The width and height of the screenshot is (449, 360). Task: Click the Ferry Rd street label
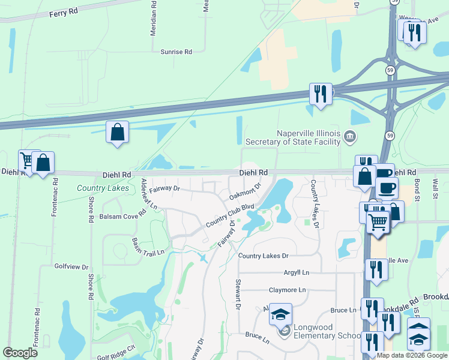point(64,11)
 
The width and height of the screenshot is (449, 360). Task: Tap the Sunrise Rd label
point(176,52)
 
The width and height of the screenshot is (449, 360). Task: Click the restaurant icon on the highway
point(320,94)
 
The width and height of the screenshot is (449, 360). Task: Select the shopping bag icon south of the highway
point(117,131)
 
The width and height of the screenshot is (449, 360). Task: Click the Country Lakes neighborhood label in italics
point(103,188)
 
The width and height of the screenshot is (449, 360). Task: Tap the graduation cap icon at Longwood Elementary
point(280,314)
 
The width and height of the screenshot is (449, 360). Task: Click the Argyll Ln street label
point(297,272)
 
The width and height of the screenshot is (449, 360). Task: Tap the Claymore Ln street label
point(287,290)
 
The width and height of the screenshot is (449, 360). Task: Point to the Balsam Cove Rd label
point(123,216)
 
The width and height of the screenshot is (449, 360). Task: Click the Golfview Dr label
point(71,267)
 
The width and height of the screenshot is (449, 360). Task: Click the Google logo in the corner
point(20,352)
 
